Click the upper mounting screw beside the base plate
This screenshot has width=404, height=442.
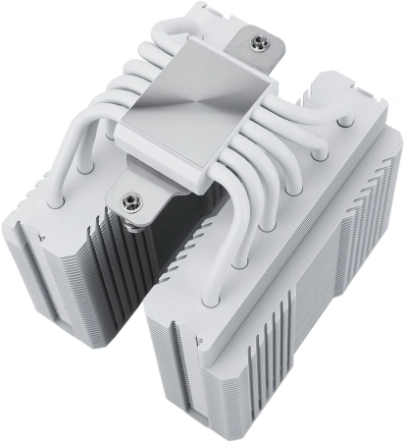pos(262,43)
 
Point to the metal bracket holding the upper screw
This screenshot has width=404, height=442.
pos(253,39)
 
